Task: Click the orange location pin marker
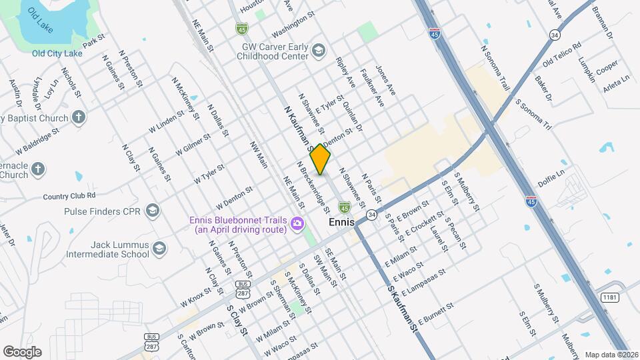[x=321, y=159]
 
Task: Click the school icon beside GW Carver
[x=319, y=51]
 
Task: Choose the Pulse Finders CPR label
[x=103, y=211]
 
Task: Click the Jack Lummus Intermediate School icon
[x=159, y=249]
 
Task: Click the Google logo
[x=21, y=352]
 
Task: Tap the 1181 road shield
[x=609, y=297]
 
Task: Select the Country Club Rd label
[x=69, y=196]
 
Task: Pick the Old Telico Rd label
[x=562, y=55]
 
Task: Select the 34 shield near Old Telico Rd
[x=555, y=34]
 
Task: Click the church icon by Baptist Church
[x=79, y=119]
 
